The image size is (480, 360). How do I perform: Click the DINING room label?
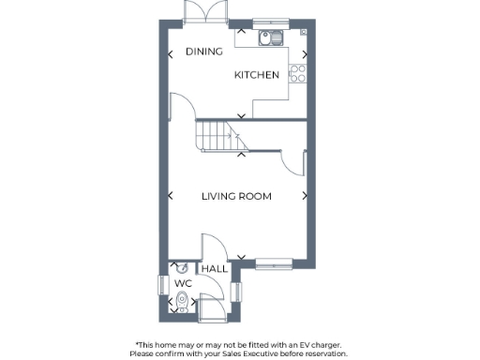pyautogui.click(x=203, y=52)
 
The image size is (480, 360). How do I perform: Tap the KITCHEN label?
pyautogui.click(x=257, y=75)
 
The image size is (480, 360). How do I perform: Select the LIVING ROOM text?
pyautogui.click(x=236, y=196)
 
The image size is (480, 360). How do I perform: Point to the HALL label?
pyautogui.click(x=215, y=269)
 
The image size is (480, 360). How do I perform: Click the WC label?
pyautogui.click(x=182, y=282)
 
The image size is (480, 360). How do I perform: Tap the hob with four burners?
pyautogui.click(x=298, y=71)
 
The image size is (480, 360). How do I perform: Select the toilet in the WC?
pyautogui.click(x=182, y=301)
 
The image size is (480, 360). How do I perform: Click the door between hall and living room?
pyautogui.click(x=212, y=247)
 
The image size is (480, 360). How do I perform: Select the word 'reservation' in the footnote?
pyautogui.click(x=323, y=353)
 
